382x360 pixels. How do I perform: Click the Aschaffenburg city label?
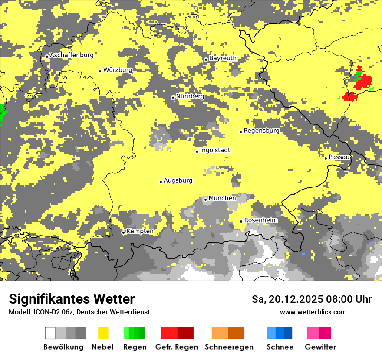point(72,55)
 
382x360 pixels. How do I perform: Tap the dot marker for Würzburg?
point(100,71)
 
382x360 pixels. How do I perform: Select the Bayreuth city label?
point(223,58)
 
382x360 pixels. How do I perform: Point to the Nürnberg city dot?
point(173,98)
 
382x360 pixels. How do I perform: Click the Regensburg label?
point(261,131)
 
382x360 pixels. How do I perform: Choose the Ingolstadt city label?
point(215,150)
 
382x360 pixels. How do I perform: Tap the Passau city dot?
point(326,158)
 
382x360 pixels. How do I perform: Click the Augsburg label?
point(178,180)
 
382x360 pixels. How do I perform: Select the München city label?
point(222,198)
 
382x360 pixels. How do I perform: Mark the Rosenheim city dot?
point(241,222)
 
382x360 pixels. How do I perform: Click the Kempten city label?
point(140,231)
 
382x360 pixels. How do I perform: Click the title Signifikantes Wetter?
point(72,299)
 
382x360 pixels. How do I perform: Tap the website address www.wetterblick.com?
point(313,312)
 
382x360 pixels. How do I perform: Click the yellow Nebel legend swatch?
point(103,333)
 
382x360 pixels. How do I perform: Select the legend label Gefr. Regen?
point(177,347)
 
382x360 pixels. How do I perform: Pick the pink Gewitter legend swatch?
point(313,333)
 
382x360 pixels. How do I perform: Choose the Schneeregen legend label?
point(229,347)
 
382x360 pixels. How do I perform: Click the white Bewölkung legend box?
point(50,333)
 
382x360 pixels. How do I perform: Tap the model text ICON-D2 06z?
point(49,312)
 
